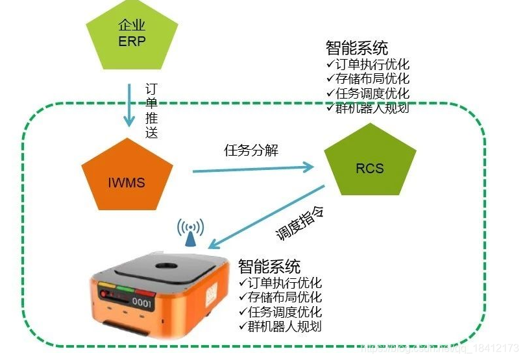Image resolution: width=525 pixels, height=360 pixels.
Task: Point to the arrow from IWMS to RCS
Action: point(253,169)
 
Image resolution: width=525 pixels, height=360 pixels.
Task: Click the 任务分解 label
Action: point(250,150)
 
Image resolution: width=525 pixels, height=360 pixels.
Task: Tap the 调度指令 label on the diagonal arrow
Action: point(300,223)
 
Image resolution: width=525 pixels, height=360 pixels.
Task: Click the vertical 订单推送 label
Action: point(151,110)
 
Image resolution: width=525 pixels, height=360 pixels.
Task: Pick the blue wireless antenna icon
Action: point(191,232)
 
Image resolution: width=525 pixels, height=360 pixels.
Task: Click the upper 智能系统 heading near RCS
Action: point(357,49)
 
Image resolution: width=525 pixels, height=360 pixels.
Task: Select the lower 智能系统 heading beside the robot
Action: point(269,267)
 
